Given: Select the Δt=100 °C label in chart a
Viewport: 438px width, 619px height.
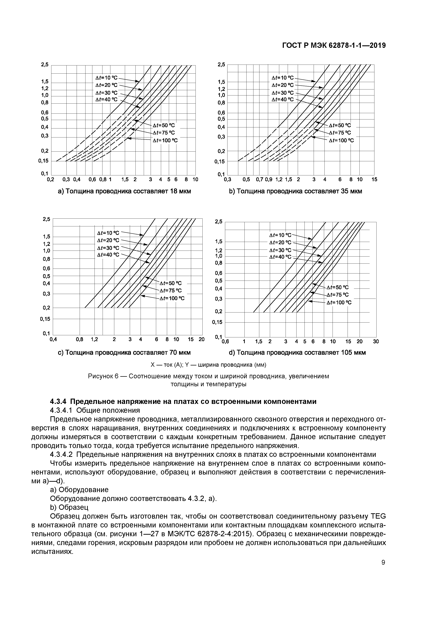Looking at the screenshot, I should pyautogui.click(x=165, y=140).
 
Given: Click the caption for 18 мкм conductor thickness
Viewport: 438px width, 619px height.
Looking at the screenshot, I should pyautogui.click(x=124, y=191).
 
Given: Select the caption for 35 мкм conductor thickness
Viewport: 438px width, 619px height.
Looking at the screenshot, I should pyautogui.click(x=295, y=191).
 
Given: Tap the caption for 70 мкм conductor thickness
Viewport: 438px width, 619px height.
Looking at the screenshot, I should pyautogui.click(x=124, y=353).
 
